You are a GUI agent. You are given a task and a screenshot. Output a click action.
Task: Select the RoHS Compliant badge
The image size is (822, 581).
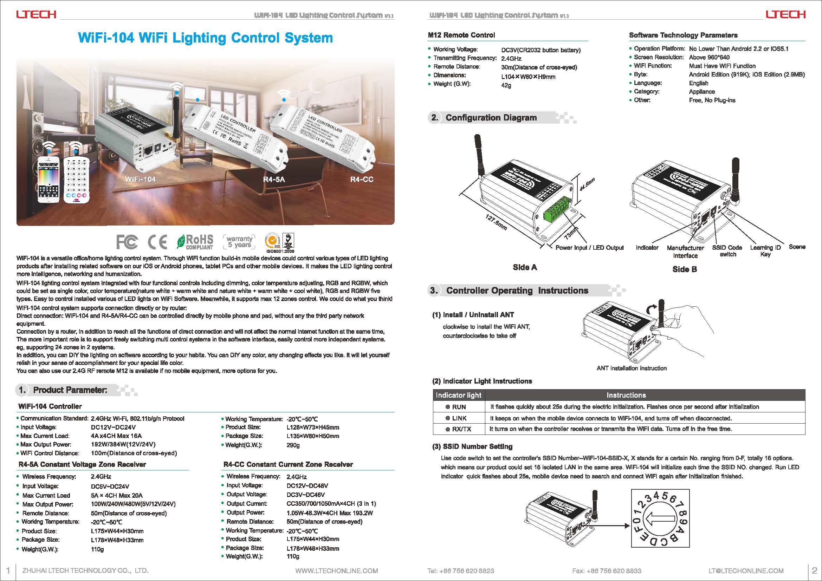pos(195,242)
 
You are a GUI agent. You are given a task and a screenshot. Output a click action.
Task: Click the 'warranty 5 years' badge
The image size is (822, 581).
pos(240,242)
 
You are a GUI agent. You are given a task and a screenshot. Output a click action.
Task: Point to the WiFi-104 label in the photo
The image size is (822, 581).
pos(140,179)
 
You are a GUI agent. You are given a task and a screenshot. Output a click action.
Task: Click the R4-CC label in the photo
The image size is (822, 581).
pos(362,179)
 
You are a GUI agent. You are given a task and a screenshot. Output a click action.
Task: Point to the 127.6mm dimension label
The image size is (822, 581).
pos(496,222)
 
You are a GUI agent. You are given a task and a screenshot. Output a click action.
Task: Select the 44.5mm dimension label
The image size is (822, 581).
pos(587,185)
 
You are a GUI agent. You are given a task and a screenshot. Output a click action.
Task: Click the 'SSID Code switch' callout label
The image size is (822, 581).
pos(727,251)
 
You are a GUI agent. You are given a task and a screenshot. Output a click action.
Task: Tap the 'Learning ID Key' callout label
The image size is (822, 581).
pos(765,251)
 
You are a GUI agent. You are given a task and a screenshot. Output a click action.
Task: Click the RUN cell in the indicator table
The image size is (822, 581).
pos(459,407)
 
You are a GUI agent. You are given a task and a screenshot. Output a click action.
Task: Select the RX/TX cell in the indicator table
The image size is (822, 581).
pos(459,429)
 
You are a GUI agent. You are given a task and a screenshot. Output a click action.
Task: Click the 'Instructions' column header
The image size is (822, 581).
pos(626,395)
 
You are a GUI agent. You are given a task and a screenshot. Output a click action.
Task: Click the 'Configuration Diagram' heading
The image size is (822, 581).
pos(491,118)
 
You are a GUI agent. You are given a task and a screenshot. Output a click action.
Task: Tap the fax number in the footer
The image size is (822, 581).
pos(607,570)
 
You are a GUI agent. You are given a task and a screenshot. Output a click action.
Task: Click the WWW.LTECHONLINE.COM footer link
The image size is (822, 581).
pos(337,570)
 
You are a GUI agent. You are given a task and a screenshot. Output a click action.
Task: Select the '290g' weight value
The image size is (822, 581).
pos(293,445)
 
